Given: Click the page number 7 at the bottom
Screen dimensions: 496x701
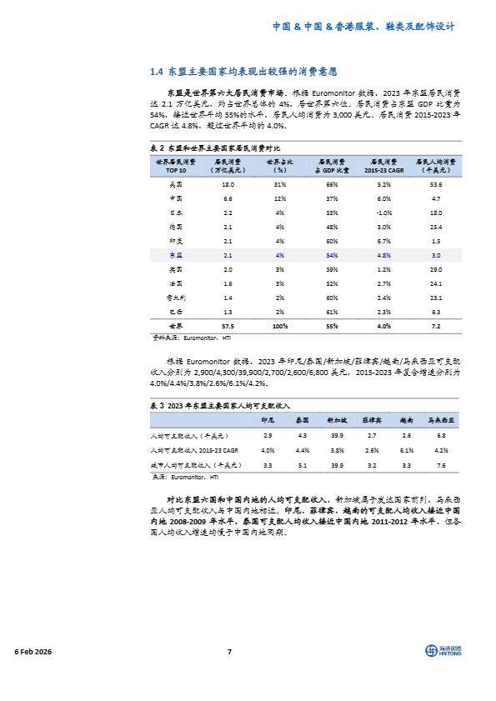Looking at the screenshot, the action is (x=229, y=652).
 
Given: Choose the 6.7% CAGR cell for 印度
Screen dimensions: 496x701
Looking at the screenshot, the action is (x=384, y=240).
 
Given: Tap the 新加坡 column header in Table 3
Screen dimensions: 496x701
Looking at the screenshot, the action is (x=336, y=420).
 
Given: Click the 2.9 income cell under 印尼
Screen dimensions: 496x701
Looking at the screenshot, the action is (x=268, y=435).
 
